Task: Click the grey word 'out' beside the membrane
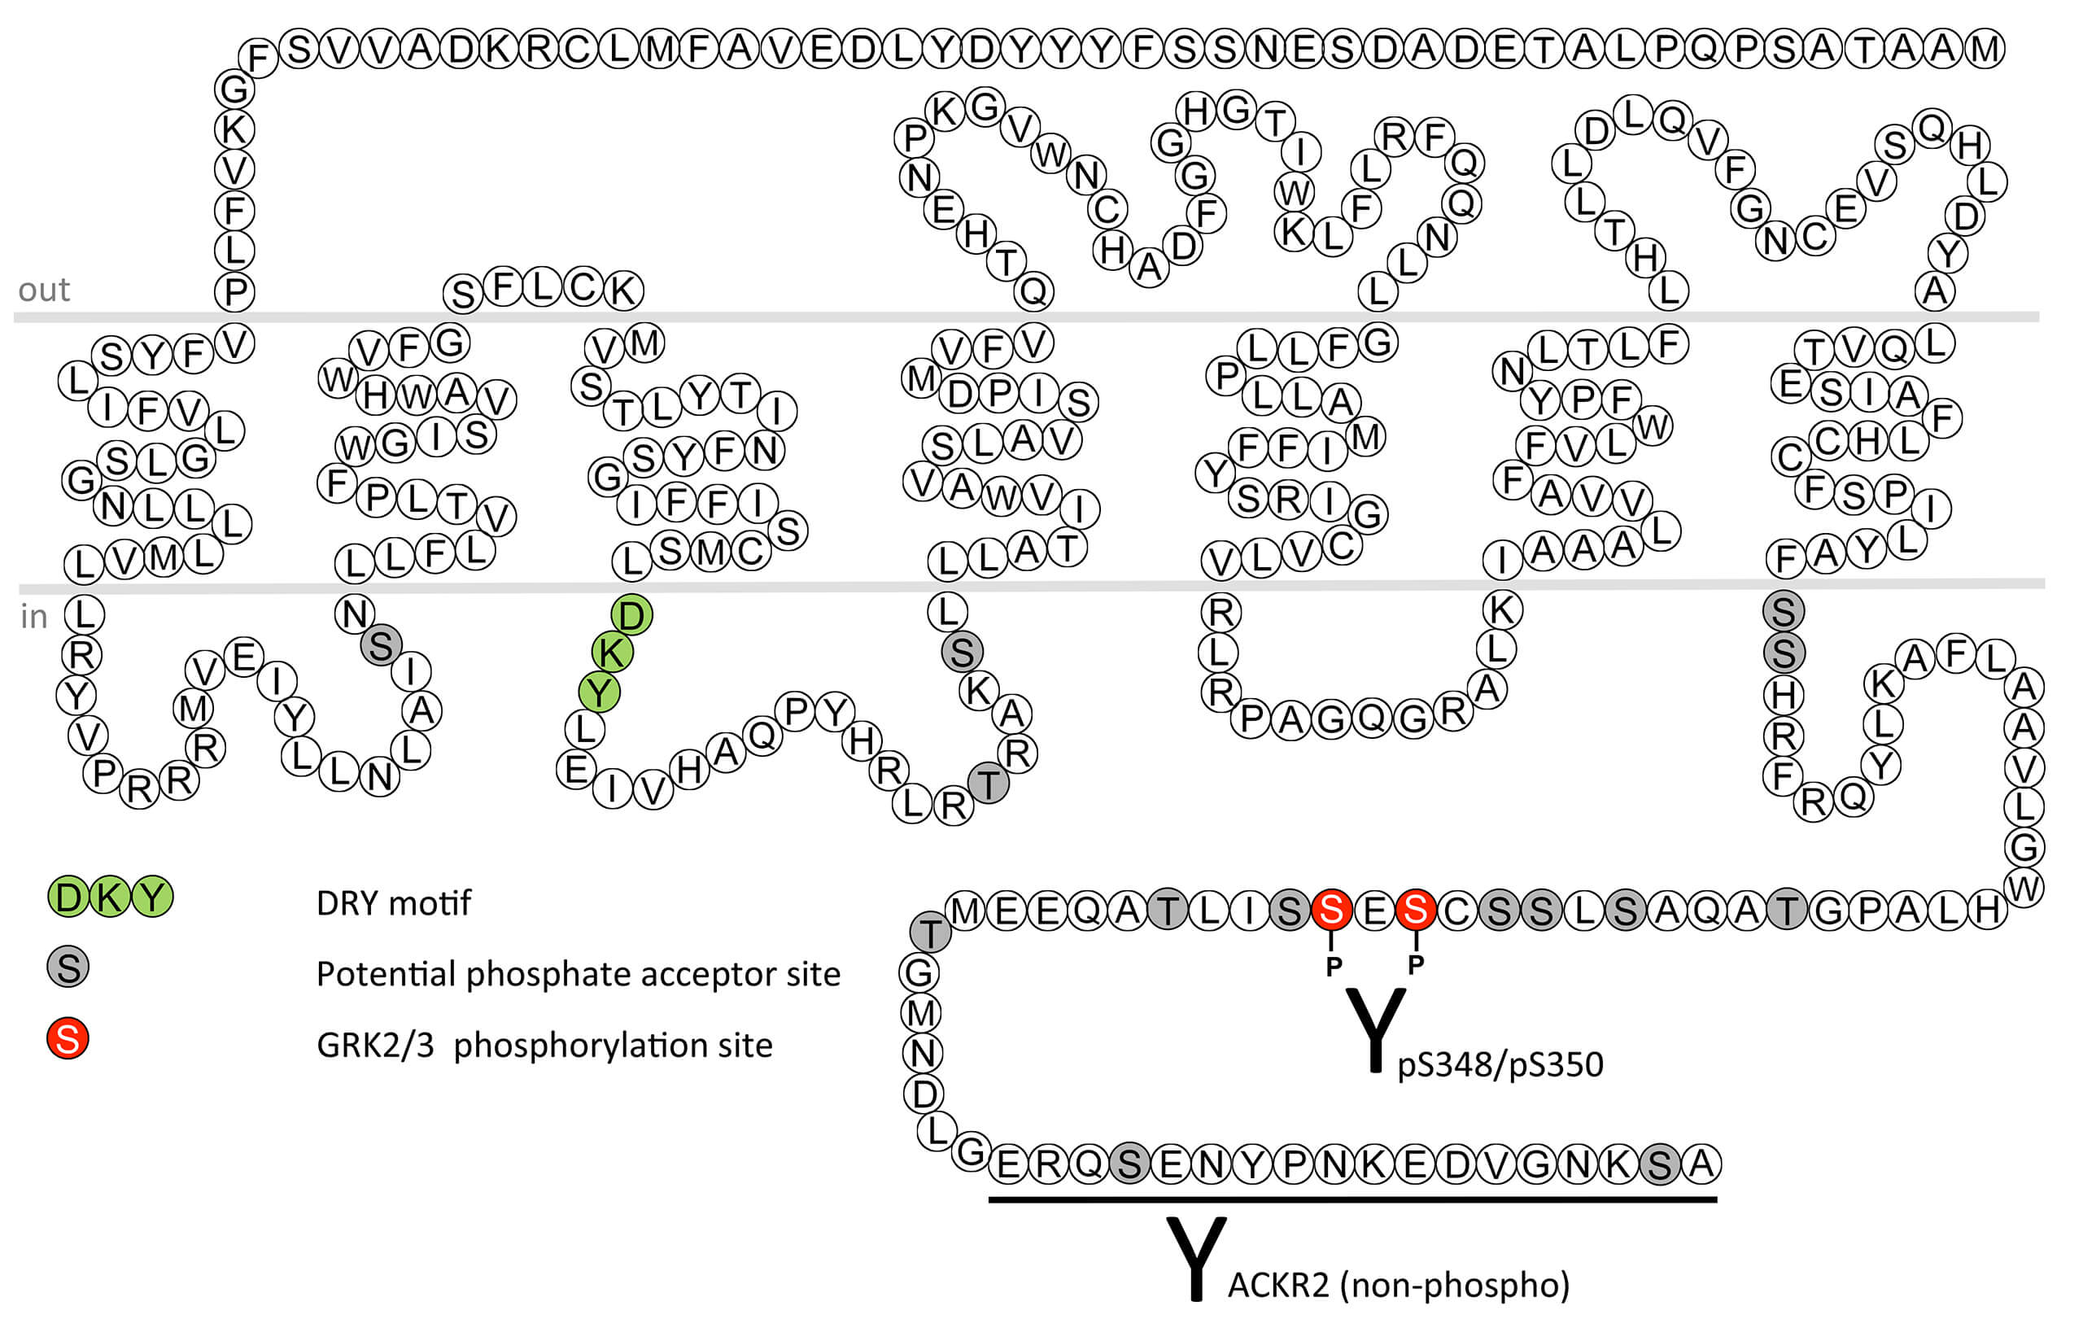43,290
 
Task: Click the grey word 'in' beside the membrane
33,617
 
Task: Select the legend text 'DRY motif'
394,903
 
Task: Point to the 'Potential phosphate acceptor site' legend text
578,974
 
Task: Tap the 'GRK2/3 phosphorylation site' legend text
544,1045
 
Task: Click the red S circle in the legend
68,1038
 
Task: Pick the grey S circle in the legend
68,967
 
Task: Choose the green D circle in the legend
68,897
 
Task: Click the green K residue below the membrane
612,652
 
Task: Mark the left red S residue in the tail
1331,909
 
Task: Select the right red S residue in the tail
1415,909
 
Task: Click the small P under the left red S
1333,966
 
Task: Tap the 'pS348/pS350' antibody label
1500,1063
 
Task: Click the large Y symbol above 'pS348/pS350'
1375,1029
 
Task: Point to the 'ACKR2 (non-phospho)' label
1398,1284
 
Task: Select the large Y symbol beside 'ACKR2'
1196,1259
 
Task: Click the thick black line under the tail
1352,1199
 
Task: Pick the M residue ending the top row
1984,49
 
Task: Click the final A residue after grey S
1701,1164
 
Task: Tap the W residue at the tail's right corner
2024,889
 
